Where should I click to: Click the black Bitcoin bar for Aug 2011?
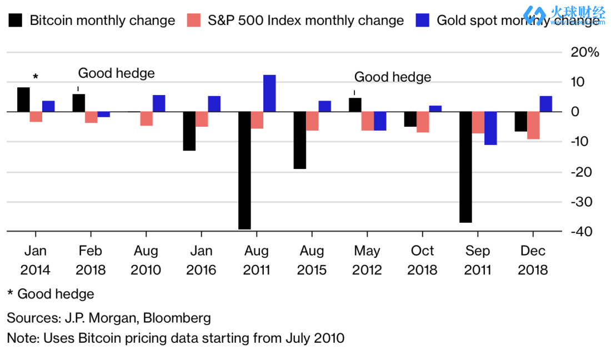pos(244,170)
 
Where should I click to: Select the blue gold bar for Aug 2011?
pos(269,93)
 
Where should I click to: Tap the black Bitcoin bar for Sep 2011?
pos(465,167)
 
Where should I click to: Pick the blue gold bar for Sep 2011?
pos(490,128)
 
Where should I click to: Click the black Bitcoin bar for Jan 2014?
pos(23,99)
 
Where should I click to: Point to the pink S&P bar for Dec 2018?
pos(533,125)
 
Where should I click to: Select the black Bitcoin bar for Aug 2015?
pos(300,140)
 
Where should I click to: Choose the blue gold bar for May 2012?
pos(380,121)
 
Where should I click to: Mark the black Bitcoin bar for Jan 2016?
pos(189,131)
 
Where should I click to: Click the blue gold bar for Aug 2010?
pos(159,103)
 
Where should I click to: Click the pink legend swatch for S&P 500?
pos(194,21)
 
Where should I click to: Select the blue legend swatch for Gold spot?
pos(423,21)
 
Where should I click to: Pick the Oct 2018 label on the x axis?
pos(422,261)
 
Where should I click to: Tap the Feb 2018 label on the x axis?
pos(90,261)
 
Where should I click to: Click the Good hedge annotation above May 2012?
pos(393,77)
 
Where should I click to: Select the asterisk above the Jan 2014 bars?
pos(36,77)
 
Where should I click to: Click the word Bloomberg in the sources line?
pos(177,318)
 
